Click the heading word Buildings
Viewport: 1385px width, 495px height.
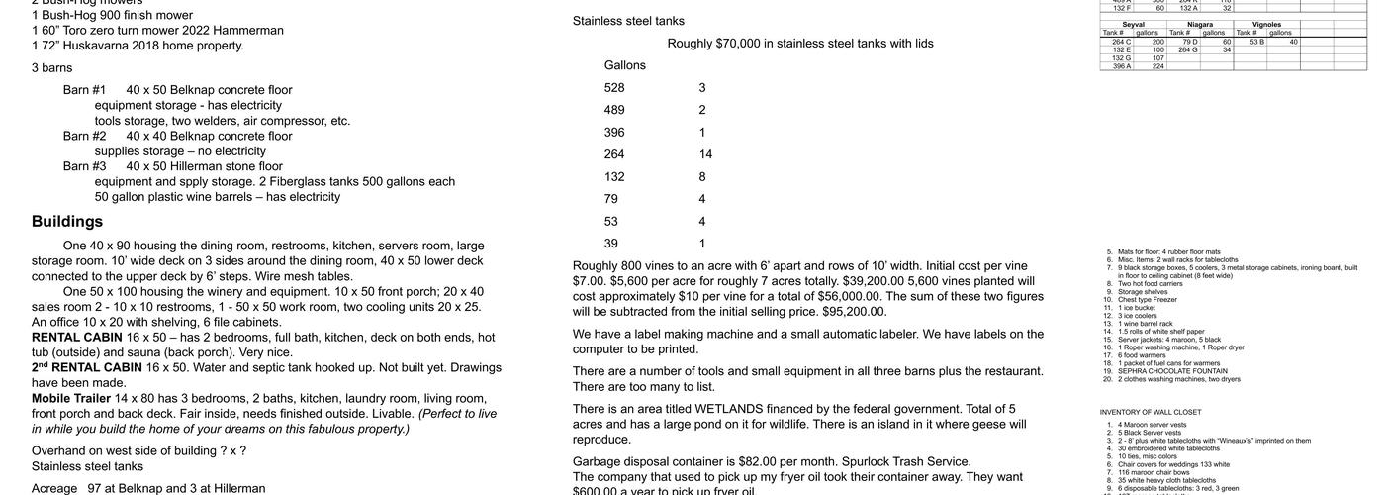tap(67, 222)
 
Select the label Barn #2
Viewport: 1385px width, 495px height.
tap(85, 136)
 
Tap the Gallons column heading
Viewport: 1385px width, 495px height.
tap(625, 65)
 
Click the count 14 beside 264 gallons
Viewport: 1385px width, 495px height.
tap(705, 154)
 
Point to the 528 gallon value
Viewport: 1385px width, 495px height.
tap(614, 88)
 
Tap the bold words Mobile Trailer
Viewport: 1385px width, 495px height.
tap(71, 399)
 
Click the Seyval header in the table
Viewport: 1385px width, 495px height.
tap(1135, 25)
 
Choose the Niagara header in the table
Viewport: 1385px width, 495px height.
tap(1200, 25)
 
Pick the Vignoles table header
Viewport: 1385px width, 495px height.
tap(1266, 25)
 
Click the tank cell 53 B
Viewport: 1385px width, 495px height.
tap(1256, 42)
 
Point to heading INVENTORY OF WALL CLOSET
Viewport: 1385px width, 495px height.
tap(1151, 412)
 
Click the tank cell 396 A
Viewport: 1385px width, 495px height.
tap(1121, 66)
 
